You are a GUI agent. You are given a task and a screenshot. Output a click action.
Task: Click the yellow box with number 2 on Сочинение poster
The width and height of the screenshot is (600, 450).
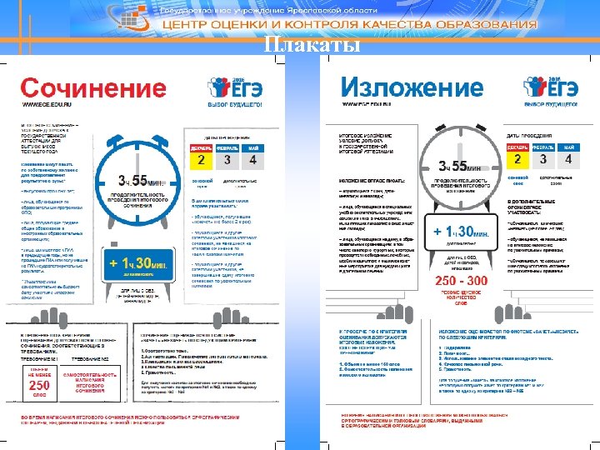[200, 158]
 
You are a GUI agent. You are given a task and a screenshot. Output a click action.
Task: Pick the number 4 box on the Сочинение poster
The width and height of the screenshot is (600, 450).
[252, 158]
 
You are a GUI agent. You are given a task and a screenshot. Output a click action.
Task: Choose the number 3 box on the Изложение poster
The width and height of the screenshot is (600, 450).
[543, 158]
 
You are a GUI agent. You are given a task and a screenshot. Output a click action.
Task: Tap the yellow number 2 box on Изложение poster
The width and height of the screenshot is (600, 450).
[517, 158]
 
